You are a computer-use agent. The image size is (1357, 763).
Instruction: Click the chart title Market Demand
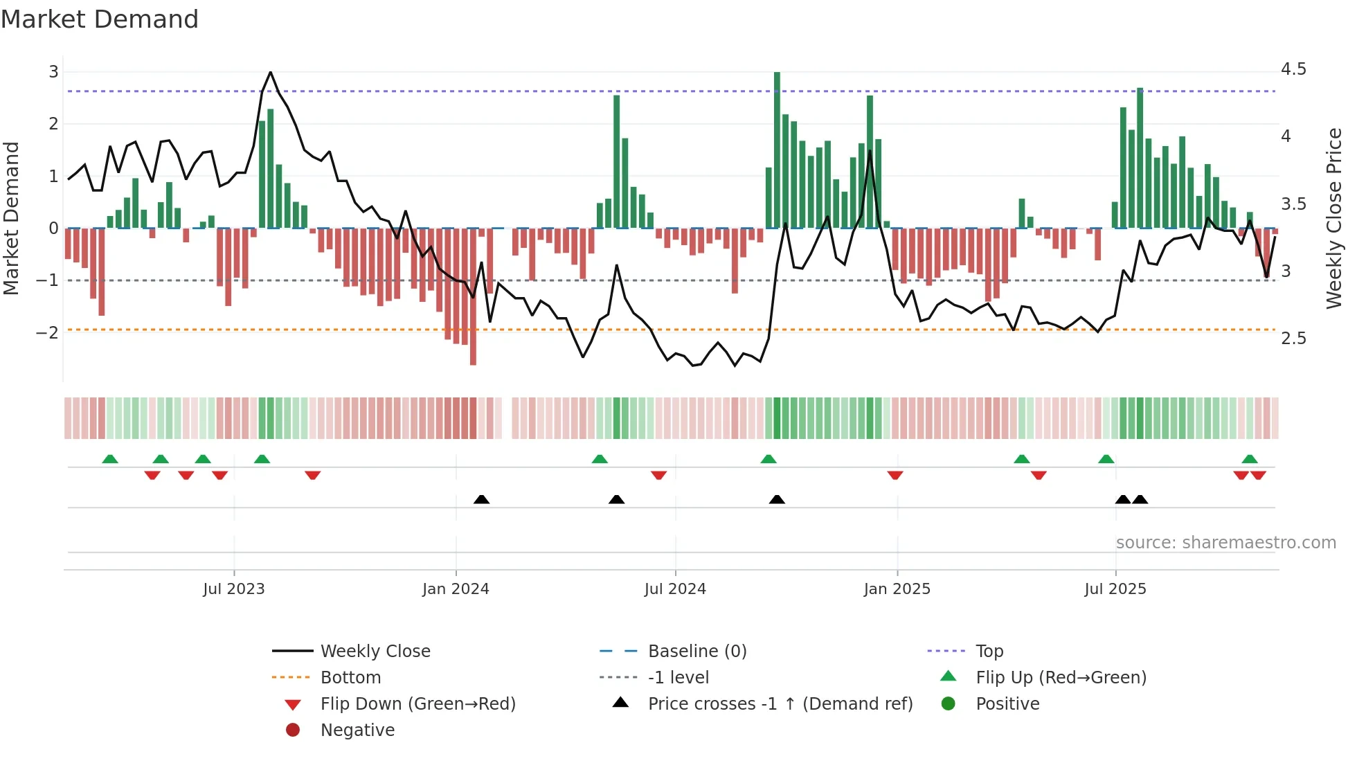100,19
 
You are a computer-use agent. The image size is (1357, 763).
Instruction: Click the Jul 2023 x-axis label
234,589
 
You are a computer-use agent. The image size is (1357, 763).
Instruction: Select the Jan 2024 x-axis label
456,589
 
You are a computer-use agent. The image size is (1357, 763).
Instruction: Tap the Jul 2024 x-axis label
675,589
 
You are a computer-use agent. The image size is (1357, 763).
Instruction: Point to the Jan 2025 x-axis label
897,589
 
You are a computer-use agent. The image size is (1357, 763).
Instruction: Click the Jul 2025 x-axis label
1115,589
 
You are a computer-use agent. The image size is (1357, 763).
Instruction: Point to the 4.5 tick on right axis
1293,69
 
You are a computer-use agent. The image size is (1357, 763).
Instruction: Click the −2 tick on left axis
47,332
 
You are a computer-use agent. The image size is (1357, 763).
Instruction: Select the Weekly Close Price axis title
1334,218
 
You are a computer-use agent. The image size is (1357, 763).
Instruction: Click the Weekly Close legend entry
375,651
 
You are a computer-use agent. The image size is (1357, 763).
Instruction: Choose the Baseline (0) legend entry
697,651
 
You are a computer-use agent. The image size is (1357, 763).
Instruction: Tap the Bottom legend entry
350,677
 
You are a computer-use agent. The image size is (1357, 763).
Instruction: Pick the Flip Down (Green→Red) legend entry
417,703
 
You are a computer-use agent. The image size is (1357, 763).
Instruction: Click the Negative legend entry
357,730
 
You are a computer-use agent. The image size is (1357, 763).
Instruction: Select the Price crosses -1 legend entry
780,703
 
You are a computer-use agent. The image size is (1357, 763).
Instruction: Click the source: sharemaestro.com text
1225,543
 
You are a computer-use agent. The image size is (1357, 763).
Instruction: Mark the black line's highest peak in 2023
270,72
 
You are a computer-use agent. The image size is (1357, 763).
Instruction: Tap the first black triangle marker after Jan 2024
481,499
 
